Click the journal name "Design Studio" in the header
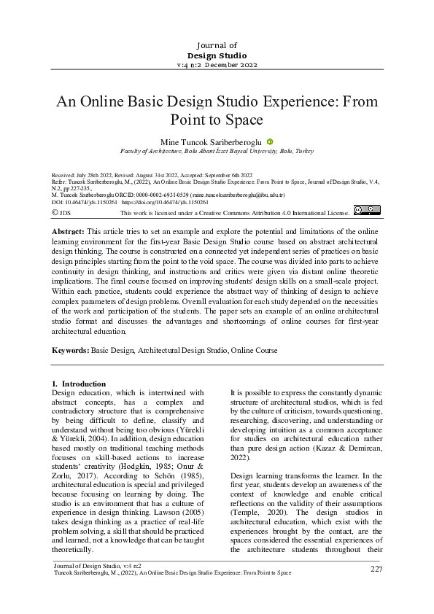(x=217, y=55)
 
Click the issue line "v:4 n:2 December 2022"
(x=217, y=65)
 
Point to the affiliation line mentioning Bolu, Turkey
(x=217, y=151)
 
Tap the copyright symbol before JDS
(x=55, y=211)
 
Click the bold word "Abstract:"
(x=69, y=230)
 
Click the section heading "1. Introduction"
(x=80, y=384)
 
